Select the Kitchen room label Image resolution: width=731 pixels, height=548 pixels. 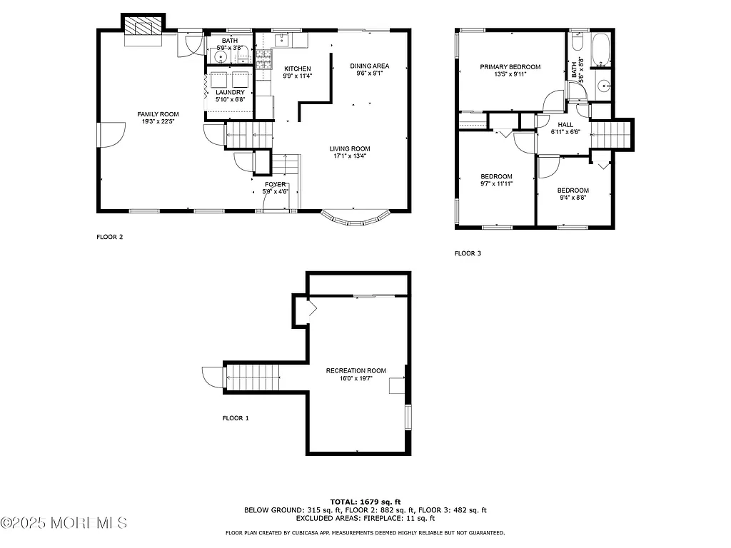click(297, 68)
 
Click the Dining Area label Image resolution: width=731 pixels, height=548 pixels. click(368, 66)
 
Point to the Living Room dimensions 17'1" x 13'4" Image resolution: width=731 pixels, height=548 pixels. click(350, 157)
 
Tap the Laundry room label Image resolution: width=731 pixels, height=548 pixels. click(230, 92)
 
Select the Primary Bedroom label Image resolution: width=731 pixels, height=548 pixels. click(510, 67)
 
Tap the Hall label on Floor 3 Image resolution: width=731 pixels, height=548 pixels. click(565, 124)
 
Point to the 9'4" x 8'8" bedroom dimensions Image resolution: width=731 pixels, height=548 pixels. click(573, 198)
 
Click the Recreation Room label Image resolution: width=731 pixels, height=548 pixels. click(356, 370)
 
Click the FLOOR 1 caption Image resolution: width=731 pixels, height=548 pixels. click(235, 418)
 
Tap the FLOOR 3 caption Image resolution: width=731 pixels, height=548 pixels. click(468, 253)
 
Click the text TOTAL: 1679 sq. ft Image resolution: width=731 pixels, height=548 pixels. click(365, 501)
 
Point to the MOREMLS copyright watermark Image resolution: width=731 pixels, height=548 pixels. click(64, 523)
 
